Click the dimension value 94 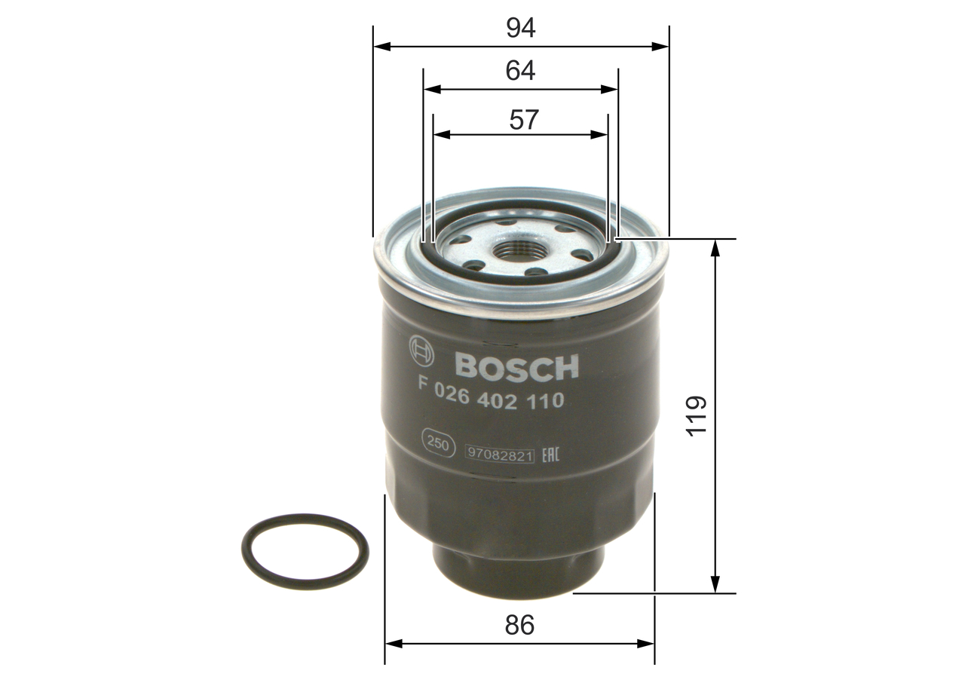[521, 28]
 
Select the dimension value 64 [521, 71]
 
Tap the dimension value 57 [524, 119]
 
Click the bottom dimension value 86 [519, 625]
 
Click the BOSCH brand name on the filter [516, 366]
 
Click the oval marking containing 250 [438, 443]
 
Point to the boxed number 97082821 [500, 455]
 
